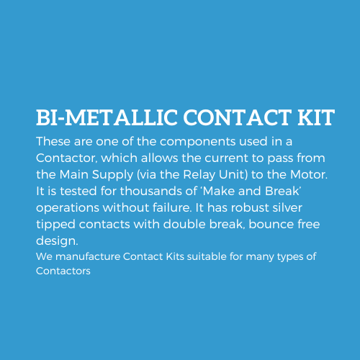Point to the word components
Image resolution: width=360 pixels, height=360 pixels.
pos(197,142)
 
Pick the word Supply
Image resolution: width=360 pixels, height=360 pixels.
pos(112,175)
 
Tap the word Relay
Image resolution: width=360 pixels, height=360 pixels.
pos(199,175)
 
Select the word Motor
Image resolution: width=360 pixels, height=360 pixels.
pos(309,175)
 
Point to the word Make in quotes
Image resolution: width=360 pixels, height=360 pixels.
pos(218,192)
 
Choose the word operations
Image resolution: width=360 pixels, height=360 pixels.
pos(68,208)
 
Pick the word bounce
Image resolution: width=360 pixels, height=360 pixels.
pos(271,225)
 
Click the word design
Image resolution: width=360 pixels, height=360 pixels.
pos(57,241)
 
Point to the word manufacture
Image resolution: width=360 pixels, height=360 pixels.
pos(88,257)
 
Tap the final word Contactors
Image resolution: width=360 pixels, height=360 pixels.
pos(63,271)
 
